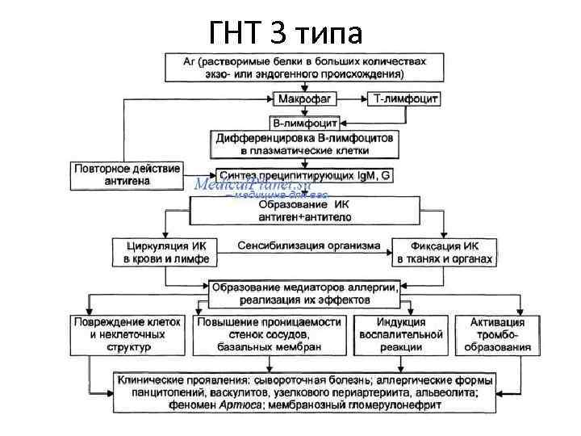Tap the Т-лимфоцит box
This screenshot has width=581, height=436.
click(x=404, y=99)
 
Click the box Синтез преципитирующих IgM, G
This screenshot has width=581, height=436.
click(x=304, y=174)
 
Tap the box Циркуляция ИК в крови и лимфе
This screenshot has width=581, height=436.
click(x=166, y=252)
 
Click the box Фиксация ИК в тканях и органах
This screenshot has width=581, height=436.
click(x=444, y=252)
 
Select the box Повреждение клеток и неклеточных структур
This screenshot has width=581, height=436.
click(x=128, y=334)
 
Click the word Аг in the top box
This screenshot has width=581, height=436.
click(x=191, y=61)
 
